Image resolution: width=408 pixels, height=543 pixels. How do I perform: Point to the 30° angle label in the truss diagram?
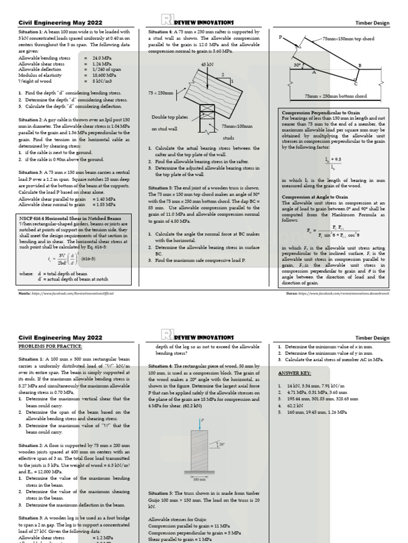(x=297, y=65)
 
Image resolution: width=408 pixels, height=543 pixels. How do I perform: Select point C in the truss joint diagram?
(x=355, y=84)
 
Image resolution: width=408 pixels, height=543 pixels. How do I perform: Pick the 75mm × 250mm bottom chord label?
(x=335, y=96)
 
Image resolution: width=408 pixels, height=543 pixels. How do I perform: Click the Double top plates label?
(x=168, y=117)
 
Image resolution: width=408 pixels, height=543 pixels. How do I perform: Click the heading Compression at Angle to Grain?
(x=311, y=196)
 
